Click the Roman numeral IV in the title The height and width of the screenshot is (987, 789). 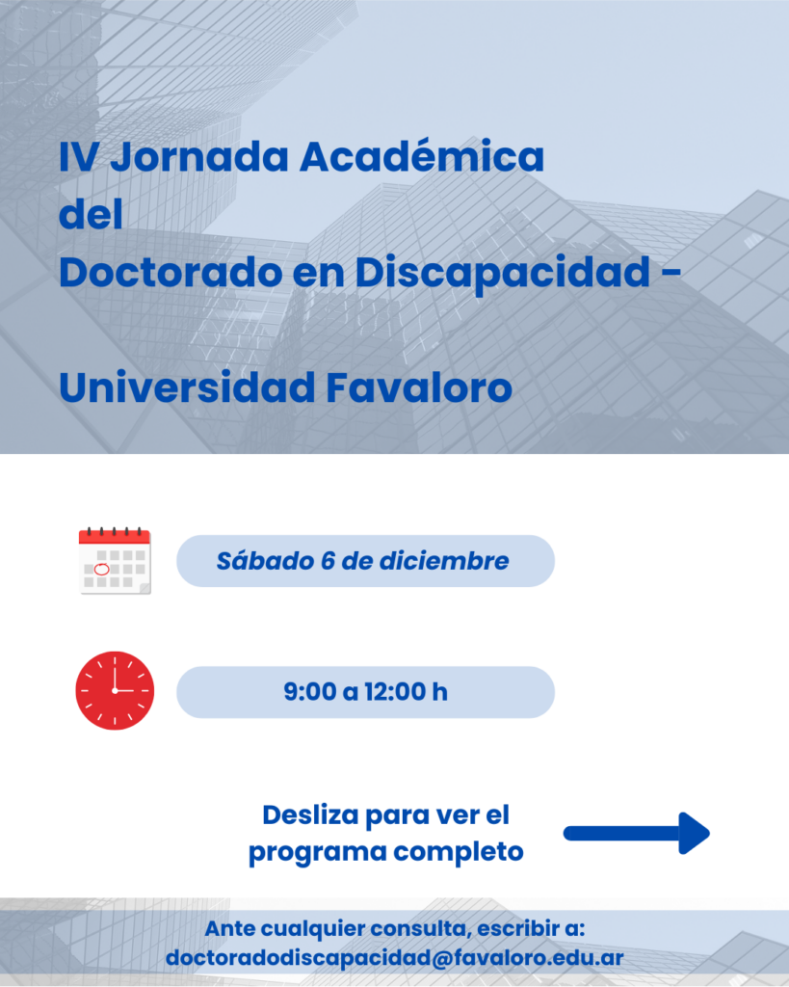click(76, 156)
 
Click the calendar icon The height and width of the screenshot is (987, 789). click(115, 561)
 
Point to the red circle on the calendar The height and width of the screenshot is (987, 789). click(99, 569)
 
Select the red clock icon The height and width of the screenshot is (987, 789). click(115, 691)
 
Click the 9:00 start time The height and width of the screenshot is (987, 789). click(308, 692)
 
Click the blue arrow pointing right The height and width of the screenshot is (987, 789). click(636, 833)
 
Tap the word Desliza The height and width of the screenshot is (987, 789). click(309, 815)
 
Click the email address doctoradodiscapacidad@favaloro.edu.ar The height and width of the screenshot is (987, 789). click(394, 958)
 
